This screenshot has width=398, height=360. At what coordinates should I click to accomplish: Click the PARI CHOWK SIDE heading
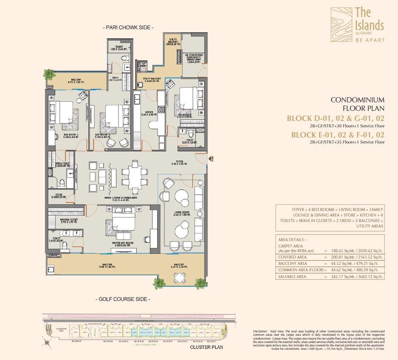pos(128,28)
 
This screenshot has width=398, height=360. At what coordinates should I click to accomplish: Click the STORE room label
pos(58,197)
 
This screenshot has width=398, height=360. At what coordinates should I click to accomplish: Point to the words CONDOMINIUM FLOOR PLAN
pos(357,104)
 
